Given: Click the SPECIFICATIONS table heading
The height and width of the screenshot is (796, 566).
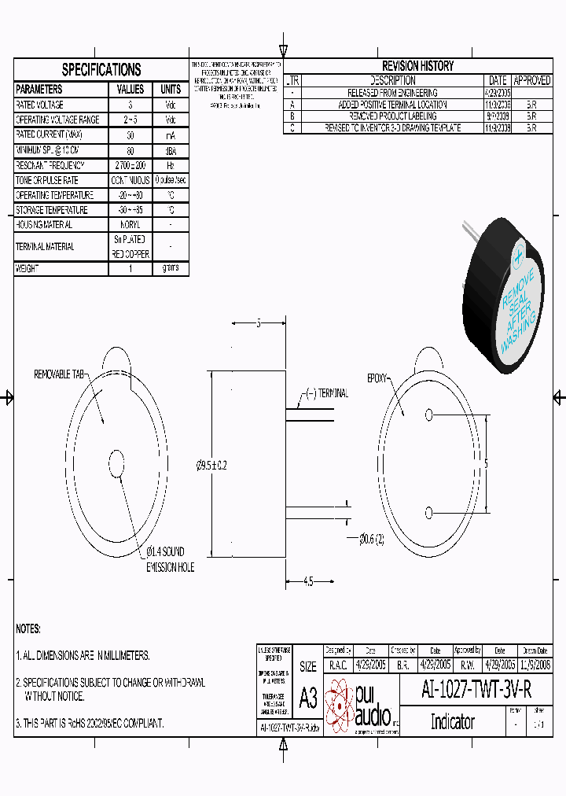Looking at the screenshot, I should (x=101, y=69).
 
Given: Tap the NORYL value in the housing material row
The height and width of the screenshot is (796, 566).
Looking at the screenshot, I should (x=130, y=225).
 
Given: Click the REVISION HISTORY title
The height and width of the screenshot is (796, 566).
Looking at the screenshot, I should (x=417, y=66).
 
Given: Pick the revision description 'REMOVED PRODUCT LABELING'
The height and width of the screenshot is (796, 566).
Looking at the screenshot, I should (x=392, y=115).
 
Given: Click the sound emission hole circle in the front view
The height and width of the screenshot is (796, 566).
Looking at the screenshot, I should (x=117, y=464).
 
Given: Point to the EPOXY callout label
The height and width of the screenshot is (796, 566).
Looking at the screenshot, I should (x=377, y=378).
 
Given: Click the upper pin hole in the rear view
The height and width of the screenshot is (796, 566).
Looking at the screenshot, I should (x=428, y=415).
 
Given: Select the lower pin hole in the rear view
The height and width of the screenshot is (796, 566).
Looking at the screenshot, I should (x=428, y=514).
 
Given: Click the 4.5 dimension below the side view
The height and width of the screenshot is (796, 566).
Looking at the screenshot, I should (x=307, y=582).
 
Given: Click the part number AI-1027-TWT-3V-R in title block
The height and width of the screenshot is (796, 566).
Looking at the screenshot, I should (x=476, y=690).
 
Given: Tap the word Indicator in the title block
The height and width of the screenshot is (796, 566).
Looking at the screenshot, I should (x=452, y=721).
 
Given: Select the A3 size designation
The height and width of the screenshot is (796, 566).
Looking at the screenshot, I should (x=308, y=697).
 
